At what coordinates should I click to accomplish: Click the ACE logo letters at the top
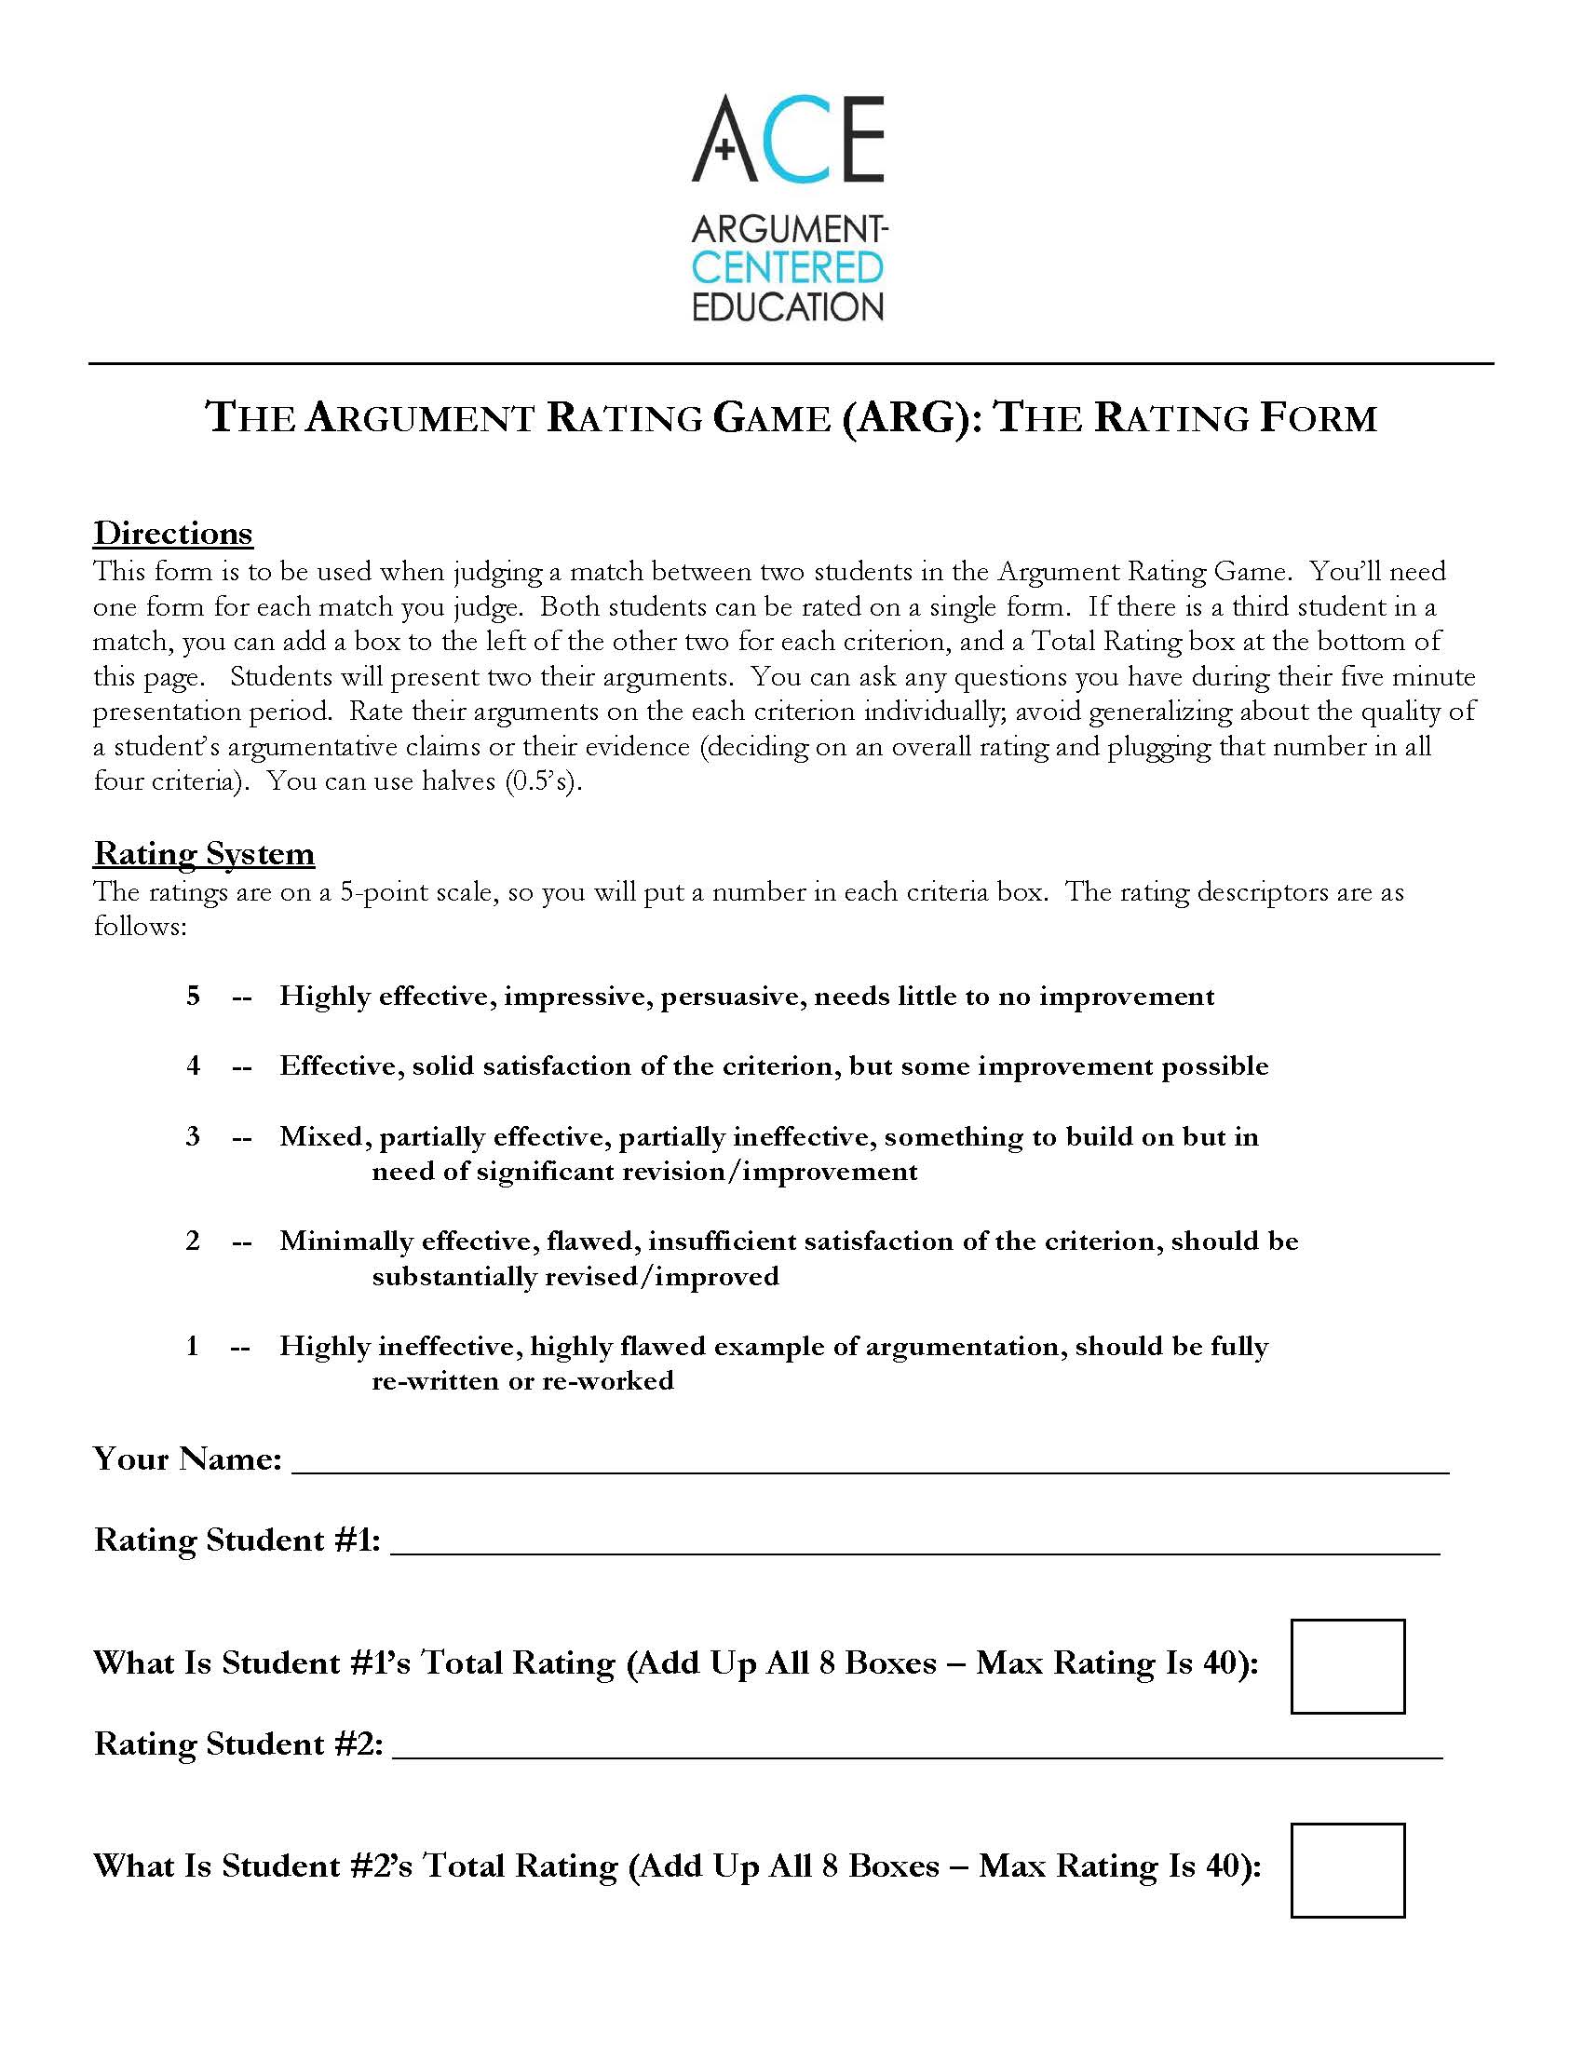[x=788, y=139]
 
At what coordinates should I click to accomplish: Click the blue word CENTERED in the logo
[x=788, y=267]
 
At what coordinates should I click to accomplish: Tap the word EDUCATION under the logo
[x=788, y=306]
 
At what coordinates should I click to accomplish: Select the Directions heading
[x=172, y=533]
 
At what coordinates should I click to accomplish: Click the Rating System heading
[x=204, y=853]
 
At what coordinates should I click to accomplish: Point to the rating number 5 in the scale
[x=193, y=996]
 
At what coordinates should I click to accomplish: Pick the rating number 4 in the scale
[x=193, y=1065]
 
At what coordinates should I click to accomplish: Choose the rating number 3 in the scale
[x=193, y=1136]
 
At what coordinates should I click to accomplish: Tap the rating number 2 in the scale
[x=193, y=1241]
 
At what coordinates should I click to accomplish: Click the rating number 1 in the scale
[x=193, y=1346]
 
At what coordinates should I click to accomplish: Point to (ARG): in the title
[x=911, y=417]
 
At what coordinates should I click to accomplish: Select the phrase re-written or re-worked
[x=522, y=1380]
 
